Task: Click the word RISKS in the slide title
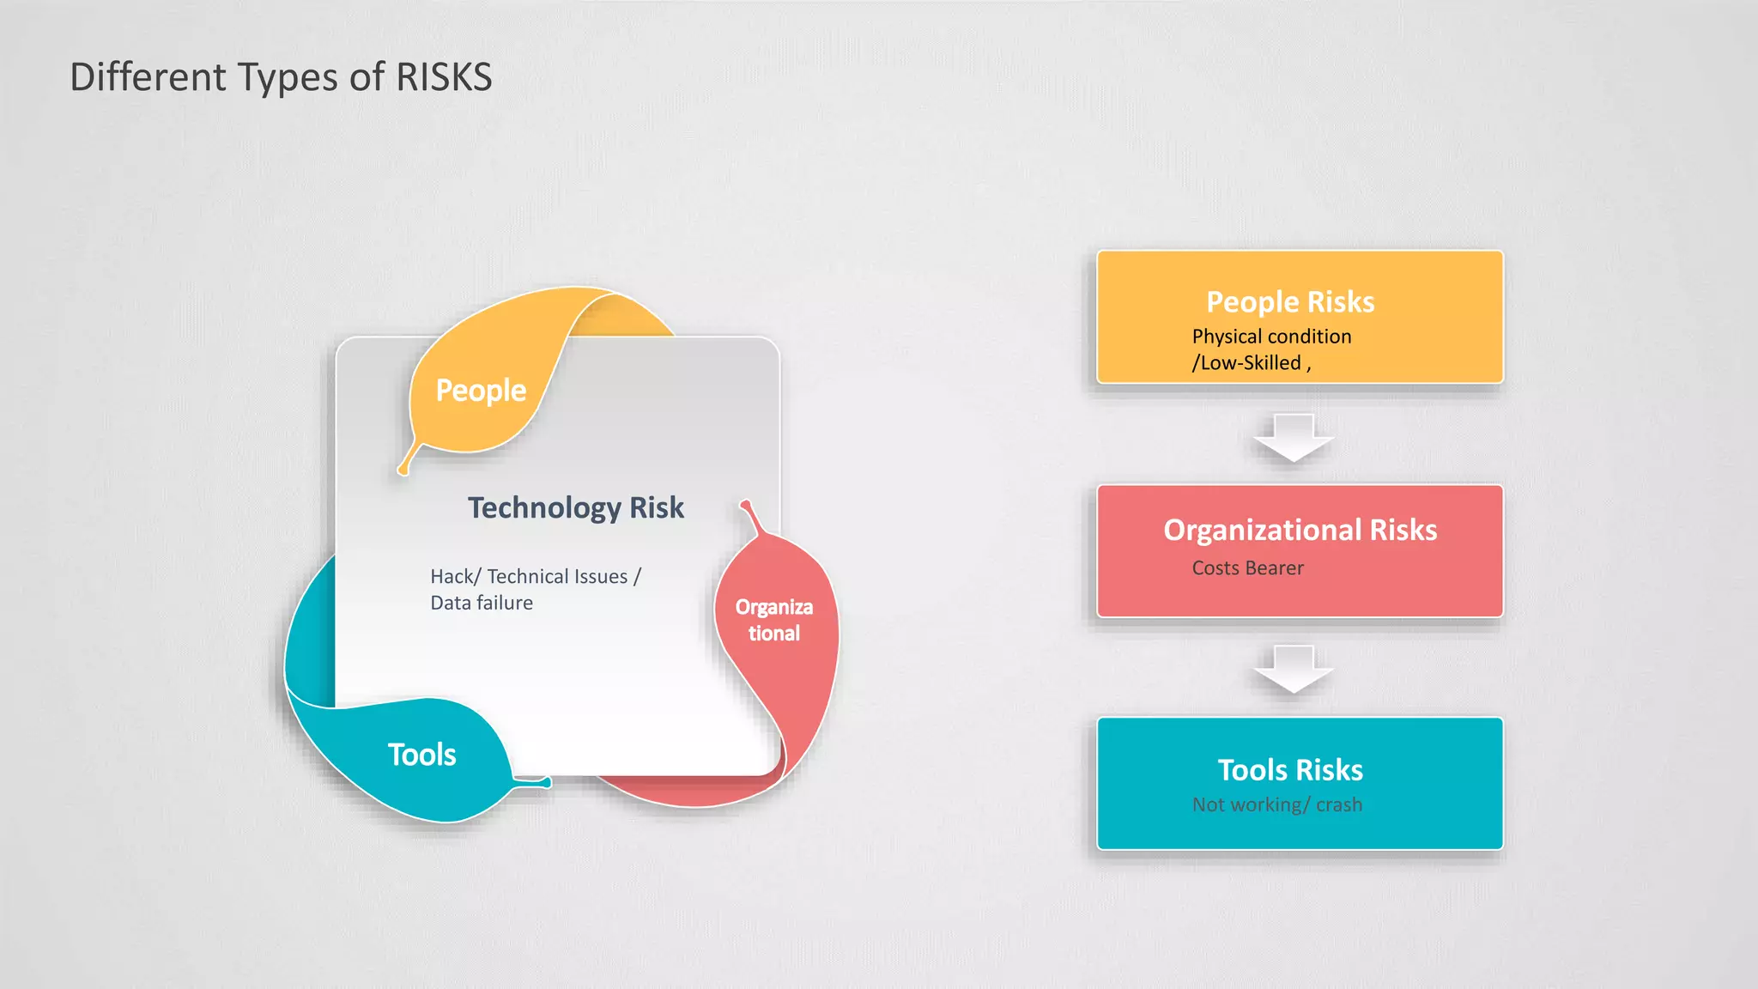pos(444,77)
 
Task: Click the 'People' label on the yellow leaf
pos(481,391)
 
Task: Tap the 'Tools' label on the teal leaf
pos(421,755)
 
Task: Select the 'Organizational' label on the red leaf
pos(773,620)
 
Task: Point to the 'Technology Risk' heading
pos(576,507)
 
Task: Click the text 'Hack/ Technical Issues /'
pos(536,576)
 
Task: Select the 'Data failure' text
pos(482,603)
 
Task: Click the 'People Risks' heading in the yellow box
pos(1290,302)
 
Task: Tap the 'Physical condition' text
pos(1271,337)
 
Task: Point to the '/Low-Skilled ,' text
pos(1251,363)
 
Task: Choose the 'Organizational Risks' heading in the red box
pos(1300,530)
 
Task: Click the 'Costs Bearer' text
pos(1247,568)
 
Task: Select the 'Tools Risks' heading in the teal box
pos(1290,770)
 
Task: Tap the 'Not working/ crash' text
pos(1276,805)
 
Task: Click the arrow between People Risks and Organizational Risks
pos(1293,438)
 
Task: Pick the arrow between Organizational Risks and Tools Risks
pos(1293,669)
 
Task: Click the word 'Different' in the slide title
pos(149,77)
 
